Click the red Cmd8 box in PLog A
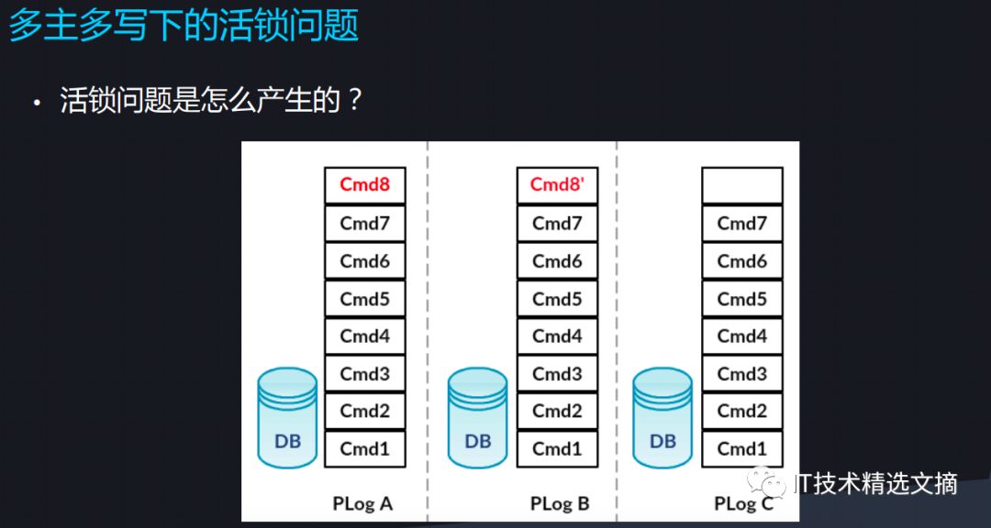(365, 185)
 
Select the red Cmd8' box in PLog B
(557, 185)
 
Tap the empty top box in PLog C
(741, 185)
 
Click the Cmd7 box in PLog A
(365, 223)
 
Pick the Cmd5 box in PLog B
(557, 299)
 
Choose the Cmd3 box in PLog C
(741, 374)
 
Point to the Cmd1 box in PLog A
(365, 449)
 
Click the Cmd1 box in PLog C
(741, 449)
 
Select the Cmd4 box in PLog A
(365, 336)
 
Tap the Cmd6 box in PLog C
(741, 261)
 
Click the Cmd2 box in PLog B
(557, 412)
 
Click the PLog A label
(362, 503)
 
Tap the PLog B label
(559, 503)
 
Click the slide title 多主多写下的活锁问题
(184, 26)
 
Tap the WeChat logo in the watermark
(765, 482)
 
